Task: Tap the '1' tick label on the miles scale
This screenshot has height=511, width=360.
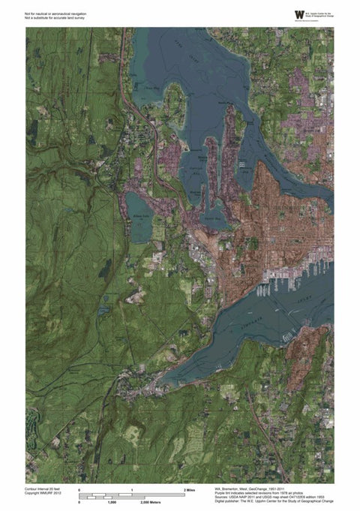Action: coord(132,489)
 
